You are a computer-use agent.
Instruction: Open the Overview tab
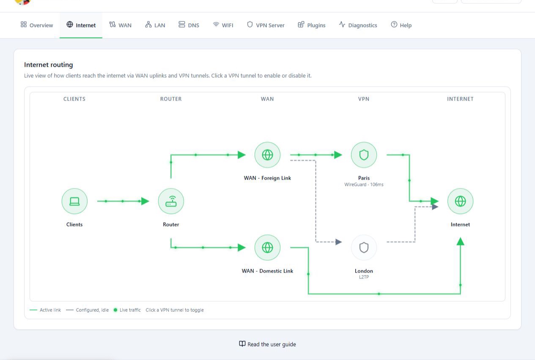[37, 25]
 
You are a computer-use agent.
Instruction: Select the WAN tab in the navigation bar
[121, 25]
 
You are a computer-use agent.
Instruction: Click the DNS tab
[189, 25]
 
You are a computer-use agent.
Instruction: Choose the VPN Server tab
[266, 25]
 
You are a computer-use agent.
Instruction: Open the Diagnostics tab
[358, 25]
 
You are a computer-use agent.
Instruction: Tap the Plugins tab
[311, 25]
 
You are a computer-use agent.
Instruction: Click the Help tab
[401, 25]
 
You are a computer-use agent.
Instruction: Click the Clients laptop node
[74, 201]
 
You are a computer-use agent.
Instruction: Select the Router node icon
[171, 201]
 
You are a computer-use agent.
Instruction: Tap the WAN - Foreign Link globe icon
[267, 155]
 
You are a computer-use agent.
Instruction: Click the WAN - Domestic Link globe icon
[267, 248]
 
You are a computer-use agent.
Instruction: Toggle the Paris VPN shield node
[364, 155]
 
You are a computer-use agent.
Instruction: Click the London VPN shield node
[364, 248]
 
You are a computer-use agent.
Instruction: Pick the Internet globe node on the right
[460, 201]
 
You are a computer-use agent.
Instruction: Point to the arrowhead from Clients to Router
[145, 201]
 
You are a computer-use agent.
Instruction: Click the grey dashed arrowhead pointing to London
[338, 242]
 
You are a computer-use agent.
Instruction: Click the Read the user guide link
[267, 344]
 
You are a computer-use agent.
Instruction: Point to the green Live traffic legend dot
[115, 310]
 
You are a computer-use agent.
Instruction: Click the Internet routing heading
[49, 65]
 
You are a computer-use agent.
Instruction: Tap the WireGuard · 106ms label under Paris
[364, 184]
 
